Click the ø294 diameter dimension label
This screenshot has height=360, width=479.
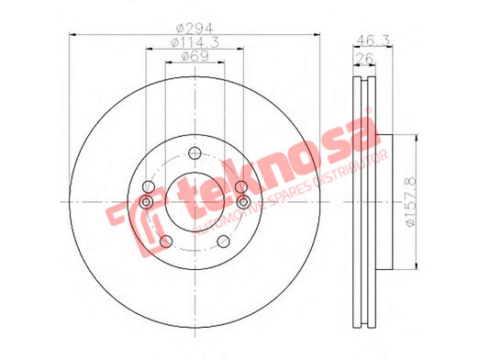195,28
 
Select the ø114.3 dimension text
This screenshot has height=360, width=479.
195,42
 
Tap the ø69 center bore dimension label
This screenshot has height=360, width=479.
195,56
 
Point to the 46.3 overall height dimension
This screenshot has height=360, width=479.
373,39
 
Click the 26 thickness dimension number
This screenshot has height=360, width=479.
364,58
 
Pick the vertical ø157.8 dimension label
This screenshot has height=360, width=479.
411,201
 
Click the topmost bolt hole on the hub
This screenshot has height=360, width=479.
195,152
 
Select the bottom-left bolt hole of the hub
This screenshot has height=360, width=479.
166,242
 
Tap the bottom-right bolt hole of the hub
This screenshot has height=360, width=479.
223,242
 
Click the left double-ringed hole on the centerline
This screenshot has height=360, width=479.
146,202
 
